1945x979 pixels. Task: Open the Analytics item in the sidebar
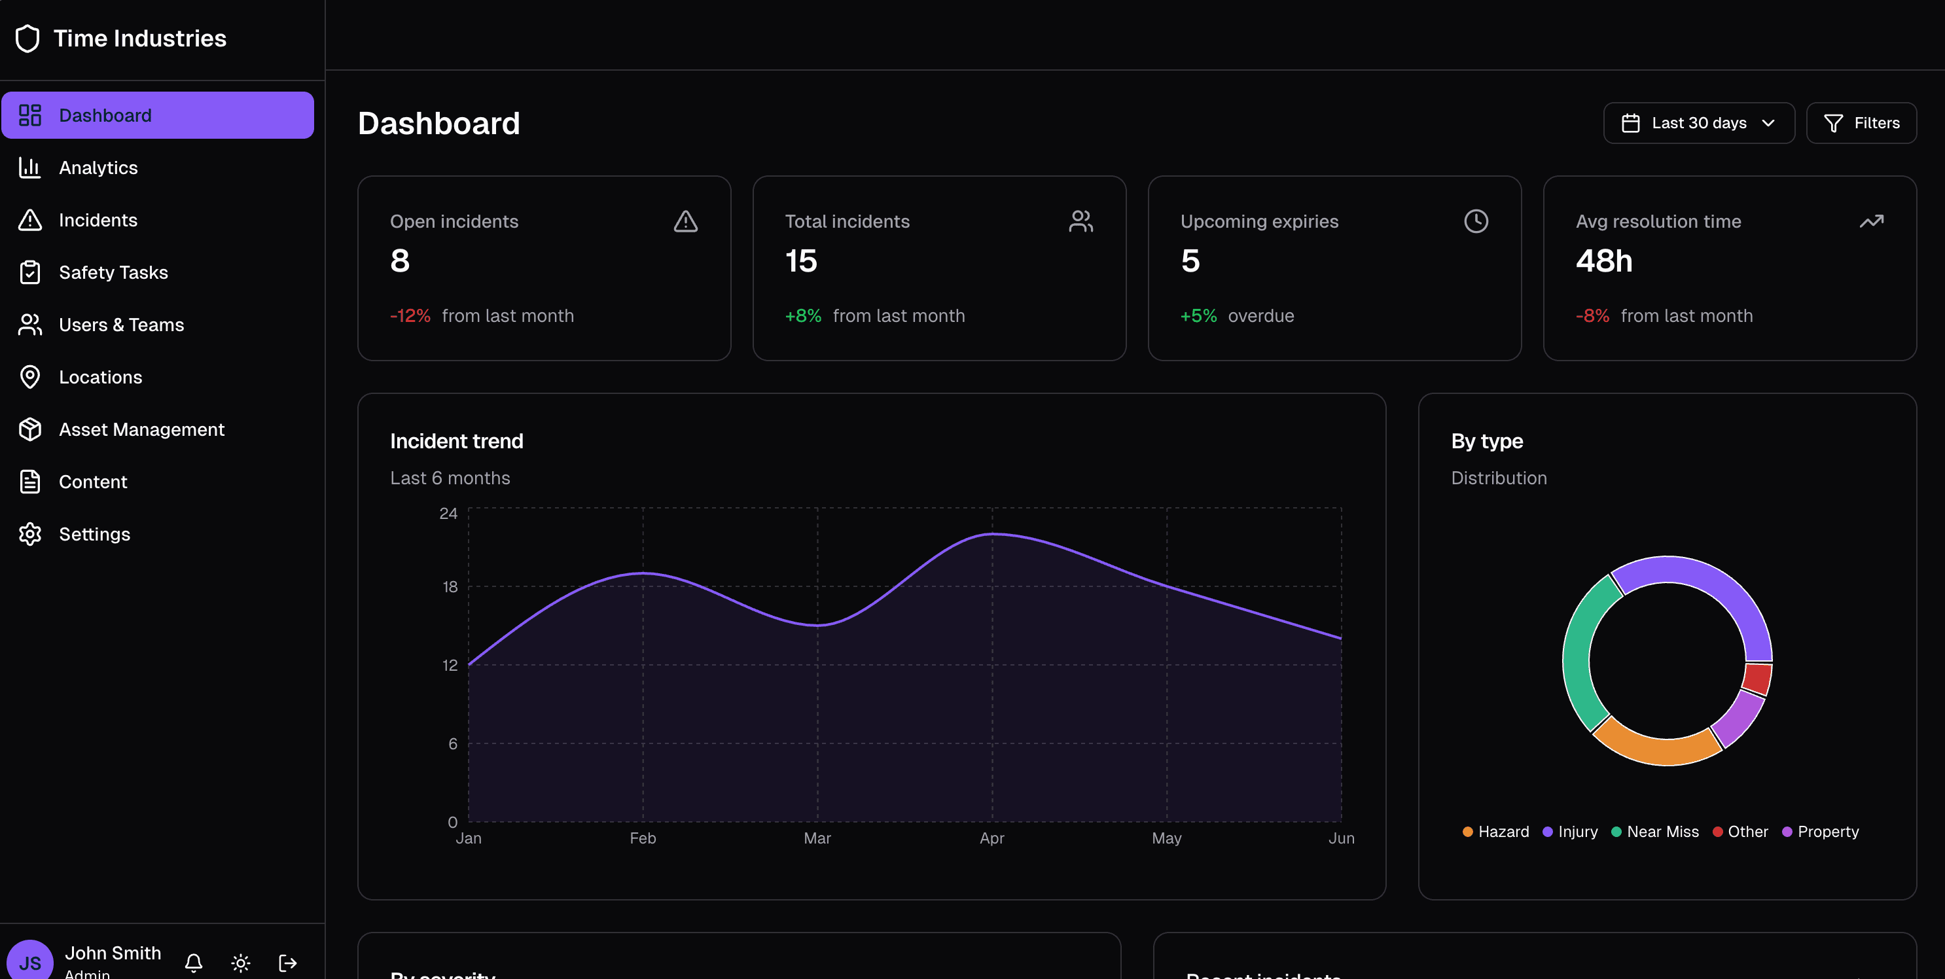(x=98, y=168)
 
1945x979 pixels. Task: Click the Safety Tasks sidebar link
(x=113, y=272)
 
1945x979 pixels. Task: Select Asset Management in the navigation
(x=141, y=429)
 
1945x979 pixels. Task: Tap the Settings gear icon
(x=30, y=535)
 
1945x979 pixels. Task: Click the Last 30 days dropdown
(x=1698, y=123)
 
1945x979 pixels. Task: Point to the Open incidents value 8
(x=400, y=261)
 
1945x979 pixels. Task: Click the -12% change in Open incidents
(x=410, y=316)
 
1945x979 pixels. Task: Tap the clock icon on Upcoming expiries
(x=1475, y=221)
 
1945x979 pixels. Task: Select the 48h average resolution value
(x=1604, y=261)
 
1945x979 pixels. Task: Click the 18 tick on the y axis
(x=450, y=587)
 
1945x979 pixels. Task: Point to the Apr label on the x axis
(x=991, y=838)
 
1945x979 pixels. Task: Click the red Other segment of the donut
(x=1757, y=678)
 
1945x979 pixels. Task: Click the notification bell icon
(x=193, y=963)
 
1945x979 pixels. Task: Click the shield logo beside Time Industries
(x=28, y=39)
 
